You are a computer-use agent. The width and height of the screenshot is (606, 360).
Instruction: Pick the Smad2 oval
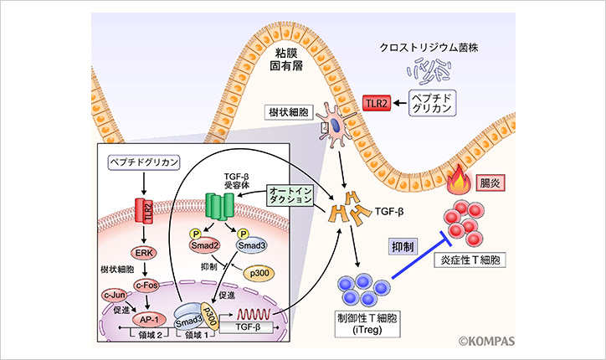click(198, 248)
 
